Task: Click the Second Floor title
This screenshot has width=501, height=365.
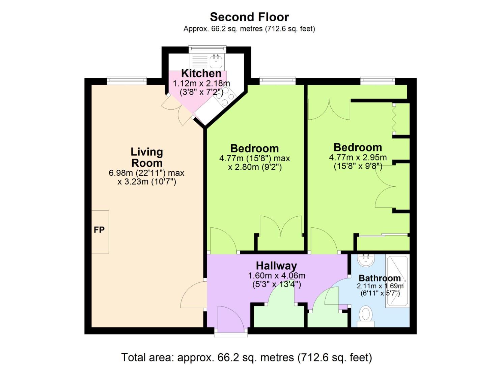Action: pyautogui.click(x=249, y=17)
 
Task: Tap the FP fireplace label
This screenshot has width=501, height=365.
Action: pyautogui.click(x=99, y=230)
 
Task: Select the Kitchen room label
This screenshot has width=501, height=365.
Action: pyautogui.click(x=201, y=73)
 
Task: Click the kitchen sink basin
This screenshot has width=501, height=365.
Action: pyautogui.click(x=216, y=61)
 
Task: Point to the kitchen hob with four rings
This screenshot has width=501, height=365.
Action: pyautogui.click(x=225, y=97)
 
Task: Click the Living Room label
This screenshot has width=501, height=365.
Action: pyautogui.click(x=147, y=157)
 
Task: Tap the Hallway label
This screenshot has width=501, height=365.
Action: pyautogui.click(x=276, y=266)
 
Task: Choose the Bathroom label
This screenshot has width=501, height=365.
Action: pyautogui.click(x=380, y=278)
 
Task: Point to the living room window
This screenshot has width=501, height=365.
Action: pyautogui.click(x=127, y=81)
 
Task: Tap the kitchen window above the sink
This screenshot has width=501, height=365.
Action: pyautogui.click(x=207, y=49)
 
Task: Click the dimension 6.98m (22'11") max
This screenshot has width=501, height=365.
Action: pyautogui.click(x=146, y=173)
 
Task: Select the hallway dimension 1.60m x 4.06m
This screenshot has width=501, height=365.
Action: pyautogui.click(x=277, y=275)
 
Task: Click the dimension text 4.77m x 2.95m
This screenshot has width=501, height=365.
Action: pyautogui.click(x=358, y=157)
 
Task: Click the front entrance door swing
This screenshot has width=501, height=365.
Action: pyautogui.click(x=230, y=318)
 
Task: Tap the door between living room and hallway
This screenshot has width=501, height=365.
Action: pyautogui.click(x=194, y=294)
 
